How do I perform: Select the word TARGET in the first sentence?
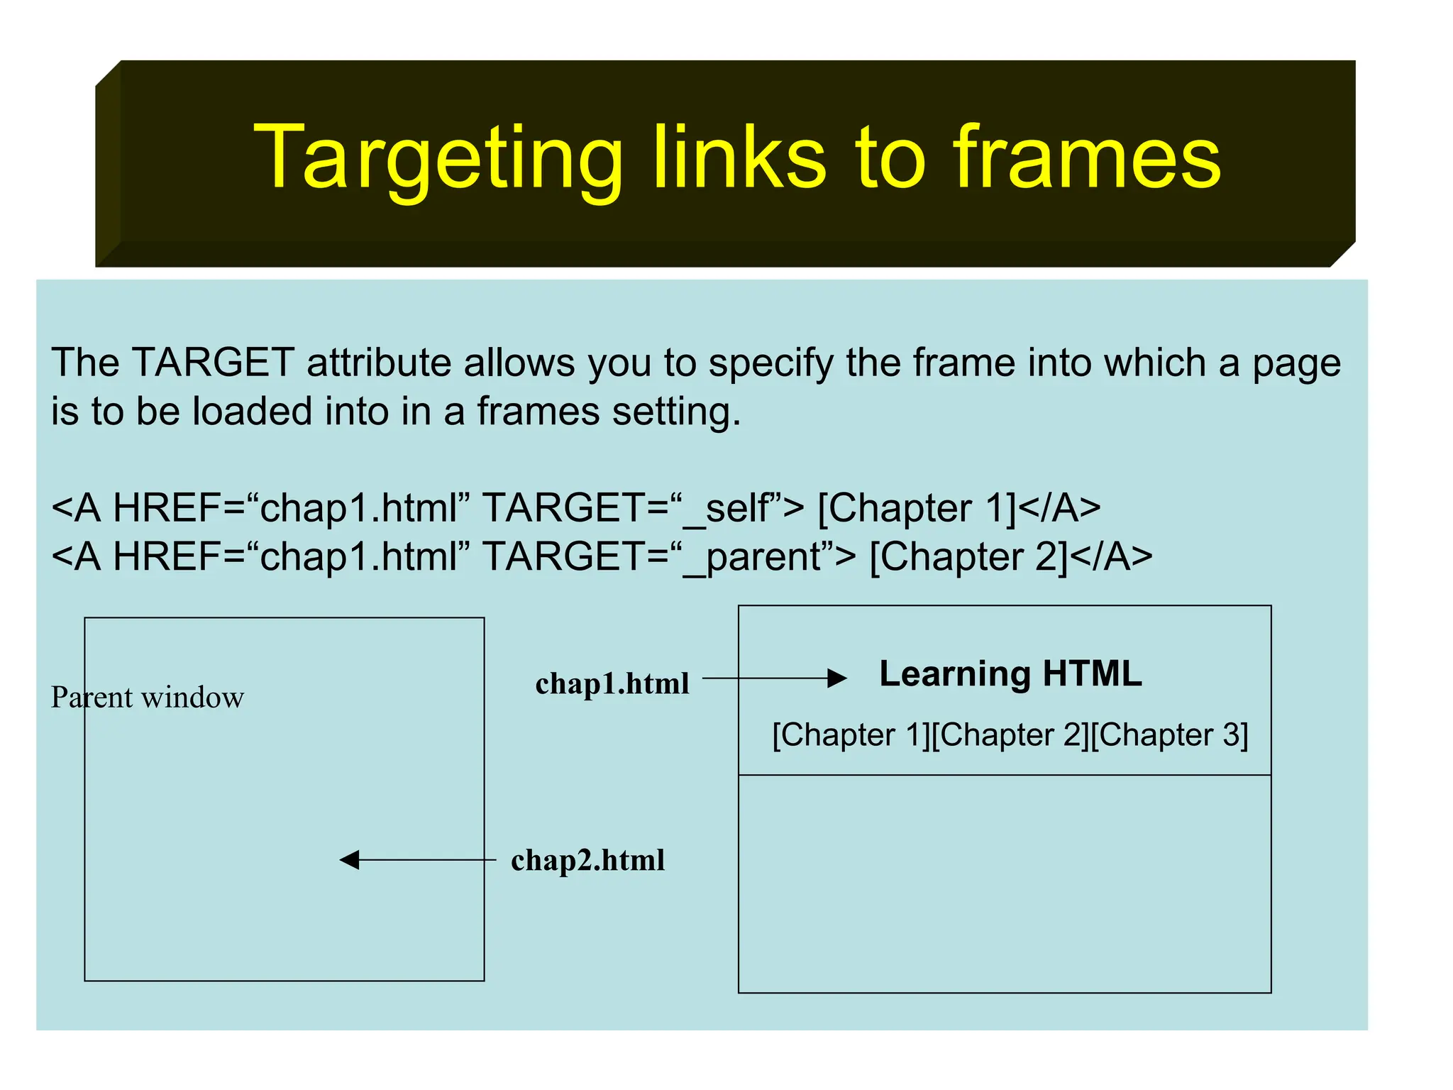pos(213,363)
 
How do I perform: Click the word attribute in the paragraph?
pos(379,363)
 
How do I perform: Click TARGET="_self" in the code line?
pos(643,509)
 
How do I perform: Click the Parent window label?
pos(148,698)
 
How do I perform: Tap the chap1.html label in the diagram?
pos(612,683)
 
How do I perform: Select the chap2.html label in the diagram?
pos(587,860)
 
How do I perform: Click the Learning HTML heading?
pos(1010,673)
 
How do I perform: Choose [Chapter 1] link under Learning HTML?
pos(849,735)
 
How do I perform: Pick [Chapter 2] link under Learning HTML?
pos(1009,735)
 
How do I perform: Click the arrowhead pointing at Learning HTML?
pos(837,678)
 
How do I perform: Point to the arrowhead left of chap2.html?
pos(350,860)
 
